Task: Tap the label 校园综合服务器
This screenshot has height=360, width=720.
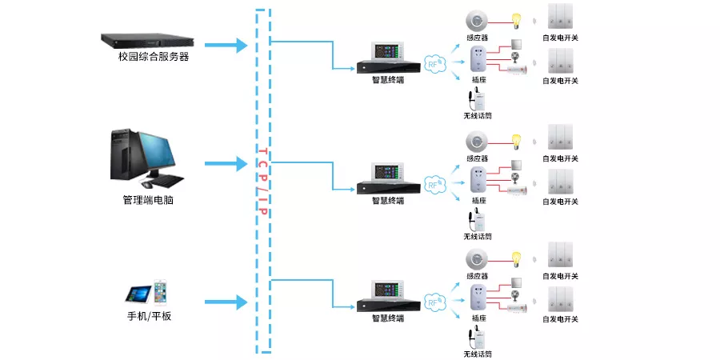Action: pyautogui.click(x=154, y=58)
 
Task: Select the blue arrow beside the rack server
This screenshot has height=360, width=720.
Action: pyautogui.click(x=226, y=45)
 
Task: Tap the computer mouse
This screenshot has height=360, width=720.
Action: pyautogui.click(x=147, y=185)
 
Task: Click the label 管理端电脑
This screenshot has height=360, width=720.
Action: pyautogui.click(x=148, y=200)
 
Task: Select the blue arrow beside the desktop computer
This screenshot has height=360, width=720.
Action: pyautogui.click(x=226, y=163)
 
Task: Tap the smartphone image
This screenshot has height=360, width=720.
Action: pyautogui.click(x=160, y=292)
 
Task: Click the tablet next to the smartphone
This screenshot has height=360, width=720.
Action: pyautogui.click(x=138, y=294)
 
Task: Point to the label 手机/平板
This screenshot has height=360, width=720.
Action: pyautogui.click(x=149, y=316)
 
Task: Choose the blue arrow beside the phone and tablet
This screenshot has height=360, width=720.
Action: pyautogui.click(x=226, y=302)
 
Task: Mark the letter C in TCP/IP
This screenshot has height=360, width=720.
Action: pyautogui.click(x=262, y=164)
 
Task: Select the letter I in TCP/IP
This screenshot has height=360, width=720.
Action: pyautogui.click(x=262, y=200)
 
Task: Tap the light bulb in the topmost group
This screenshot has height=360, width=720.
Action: pyautogui.click(x=517, y=20)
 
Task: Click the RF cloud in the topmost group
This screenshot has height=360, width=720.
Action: pyautogui.click(x=434, y=64)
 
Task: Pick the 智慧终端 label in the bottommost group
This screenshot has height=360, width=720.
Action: pyautogui.click(x=388, y=318)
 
